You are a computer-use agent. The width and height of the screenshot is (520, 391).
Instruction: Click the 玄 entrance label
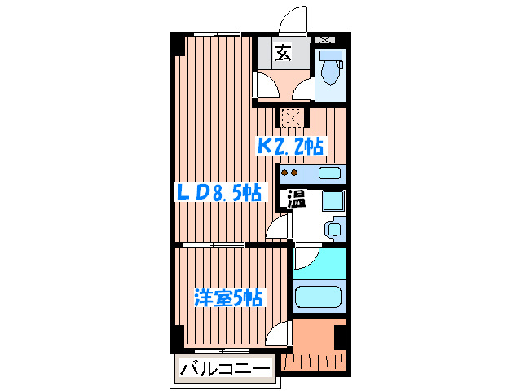click(283, 54)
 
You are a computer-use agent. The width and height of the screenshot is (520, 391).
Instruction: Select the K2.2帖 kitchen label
click(291, 147)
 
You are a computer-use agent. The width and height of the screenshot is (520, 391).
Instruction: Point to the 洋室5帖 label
click(227, 298)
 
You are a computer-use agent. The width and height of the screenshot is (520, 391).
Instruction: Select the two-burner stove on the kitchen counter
click(289, 173)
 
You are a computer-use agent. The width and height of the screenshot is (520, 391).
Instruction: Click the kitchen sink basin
click(328, 173)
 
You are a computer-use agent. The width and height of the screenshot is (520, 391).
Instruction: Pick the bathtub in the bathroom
click(318, 298)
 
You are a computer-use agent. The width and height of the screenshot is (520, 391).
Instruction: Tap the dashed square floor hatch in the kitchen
click(291, 118)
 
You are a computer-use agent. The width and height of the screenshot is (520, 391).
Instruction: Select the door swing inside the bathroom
click(305, 258)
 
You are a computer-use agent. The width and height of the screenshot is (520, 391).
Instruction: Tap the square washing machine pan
click(333, 200)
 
